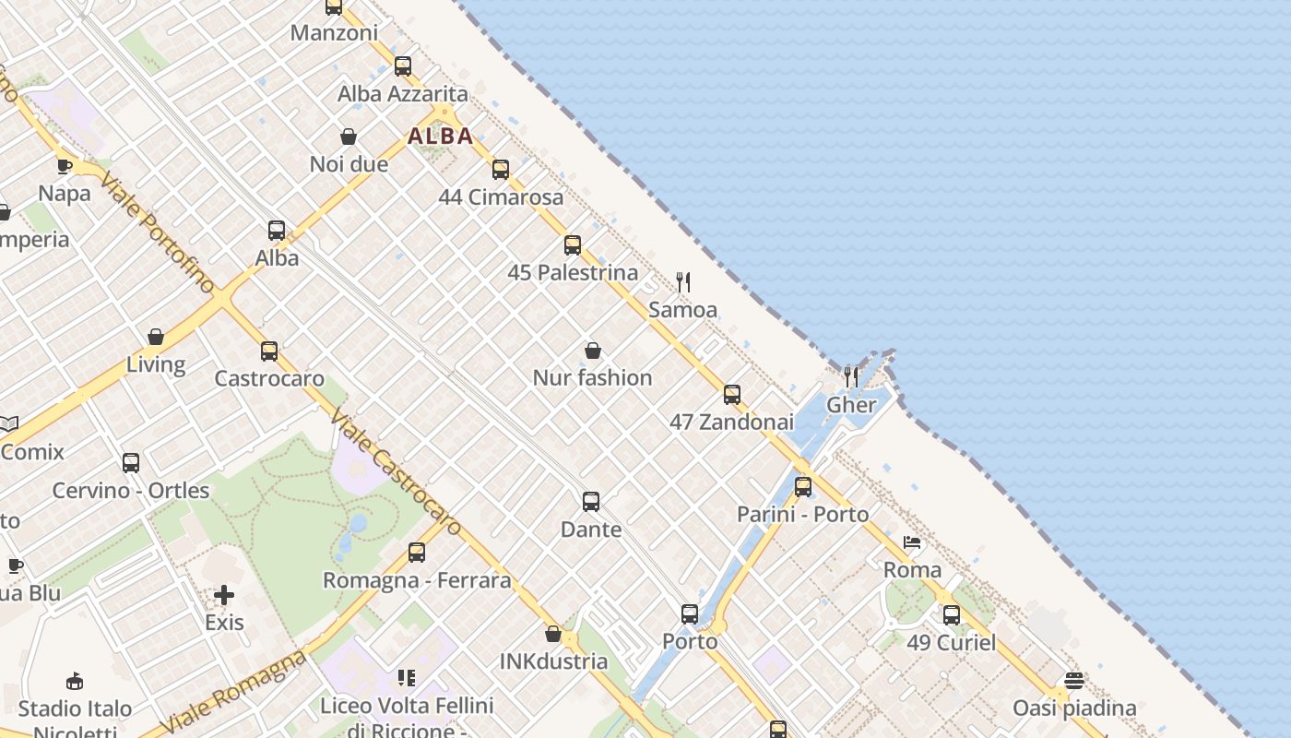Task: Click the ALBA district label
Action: point(441,137)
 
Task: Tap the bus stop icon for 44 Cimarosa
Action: point(501,170)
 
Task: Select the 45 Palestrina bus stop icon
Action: point(573,245)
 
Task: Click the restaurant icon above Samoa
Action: point(683,282)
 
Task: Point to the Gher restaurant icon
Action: point(851,376)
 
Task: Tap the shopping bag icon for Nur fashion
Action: point(593,351)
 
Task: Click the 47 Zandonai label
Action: point(731,422)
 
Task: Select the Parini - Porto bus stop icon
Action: point(803,487)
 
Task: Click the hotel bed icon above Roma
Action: point(912,542)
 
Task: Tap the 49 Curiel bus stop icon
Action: point(952,614)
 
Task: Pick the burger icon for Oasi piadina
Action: point(1074,681)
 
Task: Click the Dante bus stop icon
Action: point(591,502)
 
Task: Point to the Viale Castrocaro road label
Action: point(396,472)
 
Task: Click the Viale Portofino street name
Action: point(158,231)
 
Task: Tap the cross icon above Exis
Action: point(224,595)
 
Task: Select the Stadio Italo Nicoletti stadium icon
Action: point(76,682)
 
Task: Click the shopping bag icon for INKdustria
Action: point(553,634)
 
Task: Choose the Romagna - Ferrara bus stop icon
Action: point(417,553)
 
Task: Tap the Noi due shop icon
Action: point(349,137)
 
